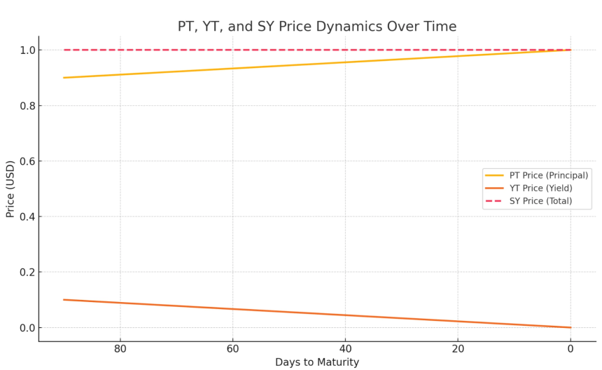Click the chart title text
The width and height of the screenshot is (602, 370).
[316, 27]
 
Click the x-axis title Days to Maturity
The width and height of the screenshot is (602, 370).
[316, 362]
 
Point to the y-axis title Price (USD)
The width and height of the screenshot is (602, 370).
[10, 189]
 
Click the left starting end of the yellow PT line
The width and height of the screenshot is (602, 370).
[64, 78]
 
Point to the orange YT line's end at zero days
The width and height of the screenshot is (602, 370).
[570, 327]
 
